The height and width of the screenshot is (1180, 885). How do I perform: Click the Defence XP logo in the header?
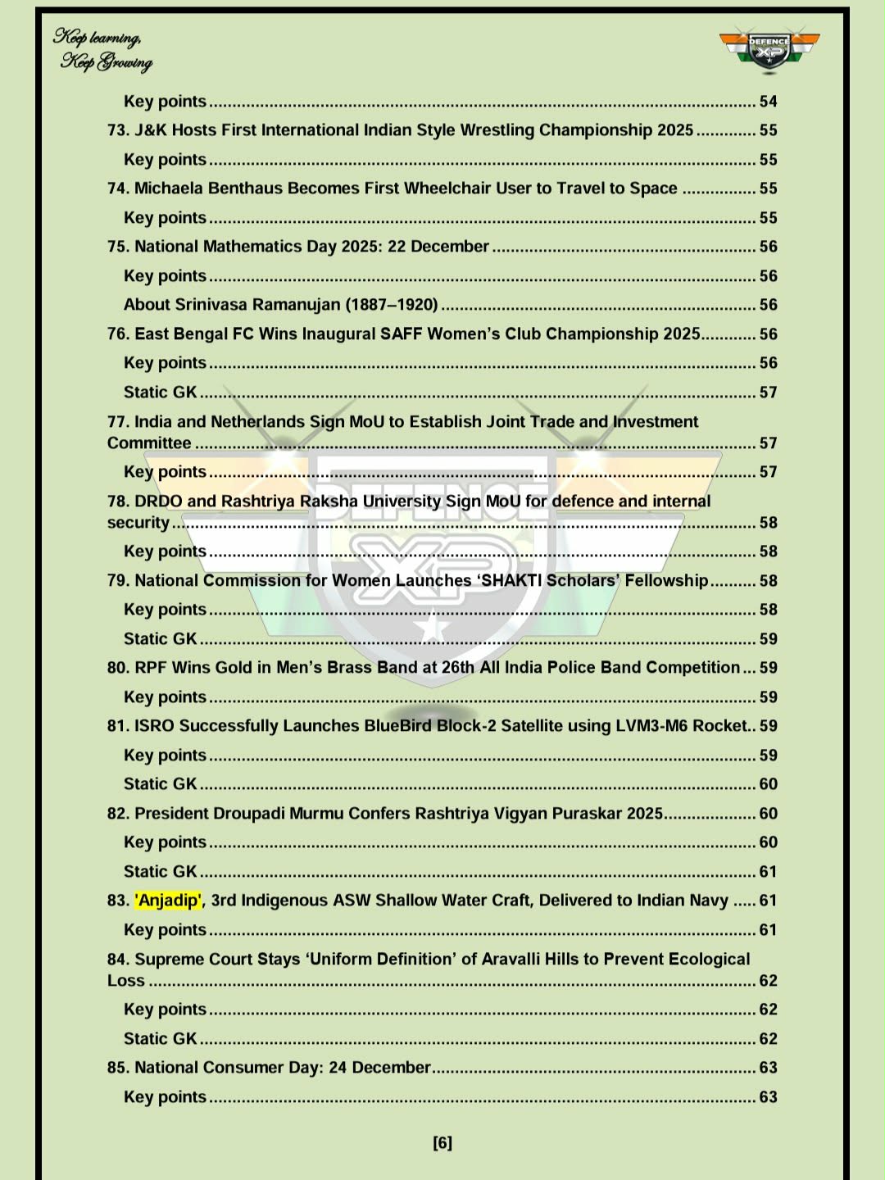point(769,51)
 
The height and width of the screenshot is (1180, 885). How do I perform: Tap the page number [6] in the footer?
point(442,1143)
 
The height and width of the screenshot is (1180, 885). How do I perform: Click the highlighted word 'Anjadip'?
point(168,901)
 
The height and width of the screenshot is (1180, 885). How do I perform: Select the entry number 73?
point(118,130)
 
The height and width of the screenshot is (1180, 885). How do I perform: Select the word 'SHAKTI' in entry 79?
point(512,581)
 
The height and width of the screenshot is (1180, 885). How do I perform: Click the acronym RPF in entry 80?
point(151,668)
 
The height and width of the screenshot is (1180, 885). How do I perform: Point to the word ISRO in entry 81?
point(154,726)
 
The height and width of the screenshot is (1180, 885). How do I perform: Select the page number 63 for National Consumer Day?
point(768,1068)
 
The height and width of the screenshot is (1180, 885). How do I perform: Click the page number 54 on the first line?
point(768,102)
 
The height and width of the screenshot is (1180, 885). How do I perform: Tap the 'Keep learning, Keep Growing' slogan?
point(103,49)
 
